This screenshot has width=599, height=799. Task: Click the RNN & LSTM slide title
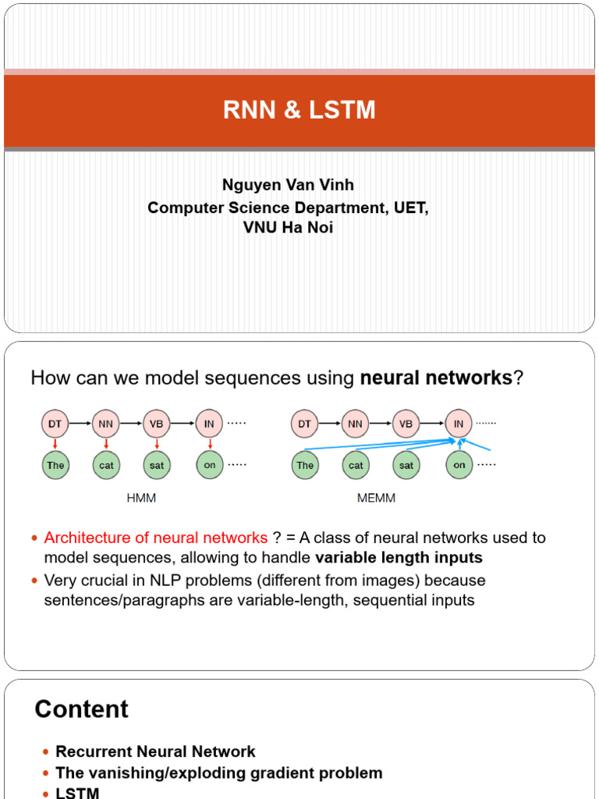tap(299, 110)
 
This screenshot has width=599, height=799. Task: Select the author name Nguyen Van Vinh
tap(288, 185)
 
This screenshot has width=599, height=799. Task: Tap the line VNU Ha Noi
tap(288, 229)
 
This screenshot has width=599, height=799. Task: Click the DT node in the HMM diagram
tap(55, 424)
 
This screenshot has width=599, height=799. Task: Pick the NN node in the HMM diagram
tap(106, 424)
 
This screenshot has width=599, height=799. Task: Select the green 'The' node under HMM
tap(55, 465)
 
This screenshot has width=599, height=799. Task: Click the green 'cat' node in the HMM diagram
tap(106, 465)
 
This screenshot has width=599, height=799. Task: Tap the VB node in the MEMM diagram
tap(406, 424)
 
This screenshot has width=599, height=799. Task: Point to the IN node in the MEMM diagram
tap(459, 424)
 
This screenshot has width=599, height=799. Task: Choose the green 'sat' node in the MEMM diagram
tap(406, 465)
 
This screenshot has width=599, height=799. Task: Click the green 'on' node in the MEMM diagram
tap(459, 465)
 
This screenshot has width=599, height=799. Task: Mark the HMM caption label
tap(141, 498)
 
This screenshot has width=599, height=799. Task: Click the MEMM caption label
tap(376, 498)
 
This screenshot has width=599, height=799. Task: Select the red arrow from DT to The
tap(55, 444)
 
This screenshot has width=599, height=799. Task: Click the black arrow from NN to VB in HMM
tap(130, 424)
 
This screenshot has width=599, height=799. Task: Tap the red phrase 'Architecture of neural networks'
tap(156, 538)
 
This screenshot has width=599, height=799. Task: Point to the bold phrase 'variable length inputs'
tap(399, 558)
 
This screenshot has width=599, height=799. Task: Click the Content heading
tap(81, 709)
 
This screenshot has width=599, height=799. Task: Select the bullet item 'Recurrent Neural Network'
tap(155, 752)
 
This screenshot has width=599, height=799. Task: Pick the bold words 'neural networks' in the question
tap(435, 378)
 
